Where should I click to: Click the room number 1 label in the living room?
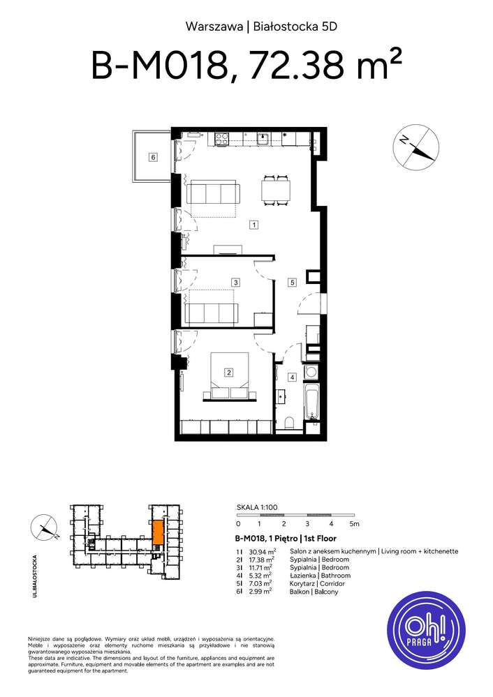[255, 225]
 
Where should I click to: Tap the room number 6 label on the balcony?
[152, 157]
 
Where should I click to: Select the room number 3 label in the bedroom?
[237, 283]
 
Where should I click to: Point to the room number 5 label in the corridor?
[293, 283]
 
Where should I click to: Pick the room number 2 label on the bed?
[228, 373]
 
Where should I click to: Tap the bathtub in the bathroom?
[311, 405]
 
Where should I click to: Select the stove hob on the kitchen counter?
[223, 140]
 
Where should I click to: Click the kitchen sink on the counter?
[263, 139]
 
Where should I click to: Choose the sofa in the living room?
[211, 192]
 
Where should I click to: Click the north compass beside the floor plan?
[417, 149]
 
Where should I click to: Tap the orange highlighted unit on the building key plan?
[159, 533]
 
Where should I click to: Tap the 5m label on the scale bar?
[354, 523]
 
